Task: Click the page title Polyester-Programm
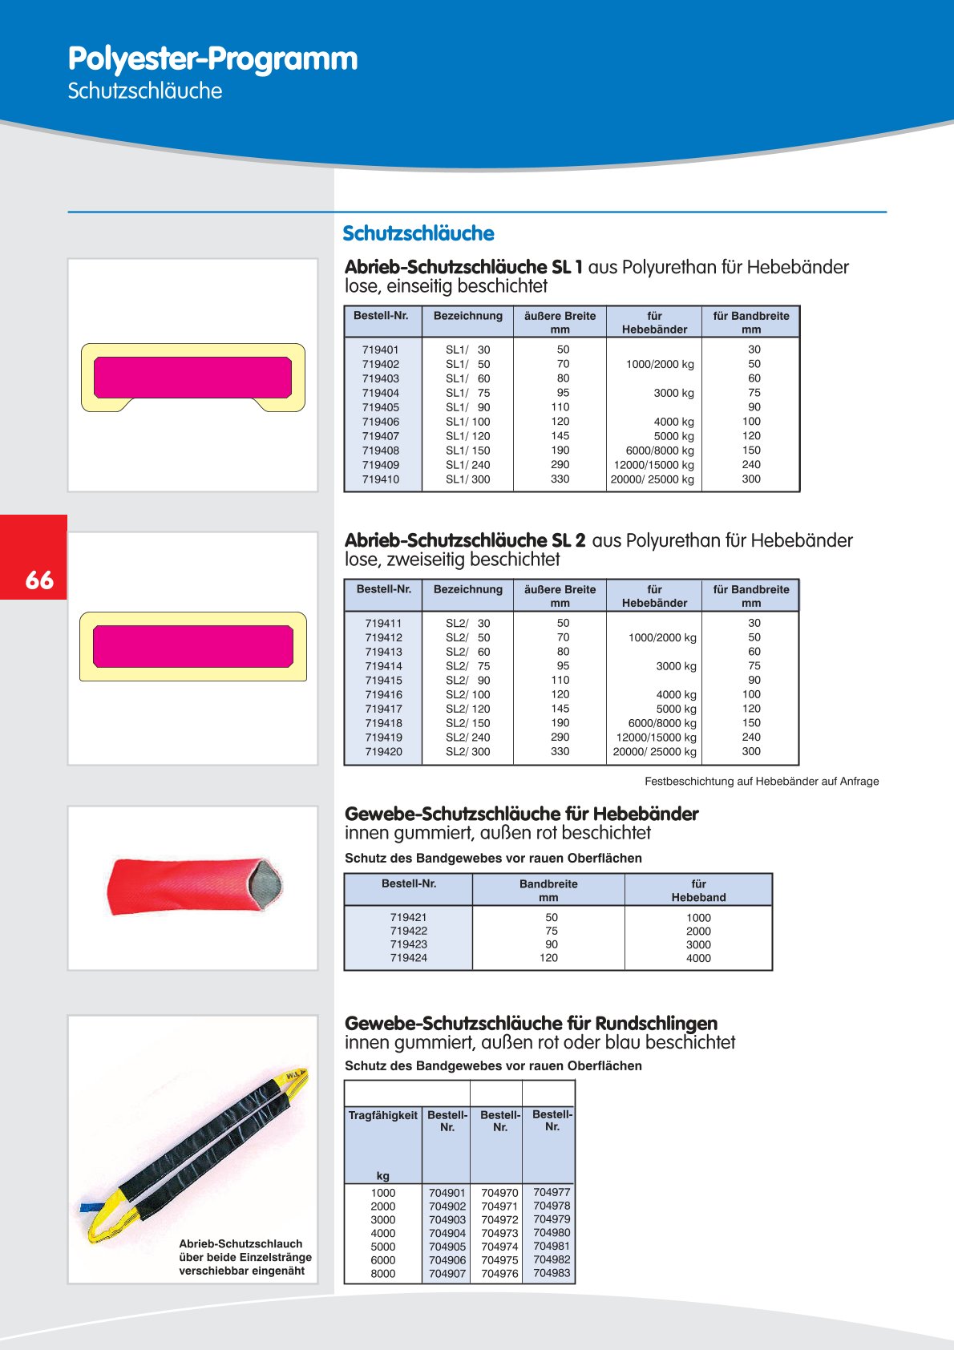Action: point(212,59)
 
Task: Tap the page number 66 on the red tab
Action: point(39,580)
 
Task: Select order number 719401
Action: point(380,350)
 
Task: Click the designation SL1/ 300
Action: point(467,479)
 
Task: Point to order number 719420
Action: point(383,752)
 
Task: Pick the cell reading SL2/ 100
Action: point(467,694)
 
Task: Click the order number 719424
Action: point(408,958)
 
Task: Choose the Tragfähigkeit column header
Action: point(382,1115)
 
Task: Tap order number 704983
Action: point(552,1273)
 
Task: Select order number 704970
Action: point(499,1193)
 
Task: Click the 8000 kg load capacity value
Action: point(382,1274)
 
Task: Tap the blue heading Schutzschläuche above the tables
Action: point(418,233)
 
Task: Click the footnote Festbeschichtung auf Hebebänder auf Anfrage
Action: point(761,782)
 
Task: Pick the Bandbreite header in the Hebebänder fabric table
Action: point(548,890)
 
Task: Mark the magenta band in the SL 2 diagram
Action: point(193,646)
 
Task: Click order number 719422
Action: point(408,932)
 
